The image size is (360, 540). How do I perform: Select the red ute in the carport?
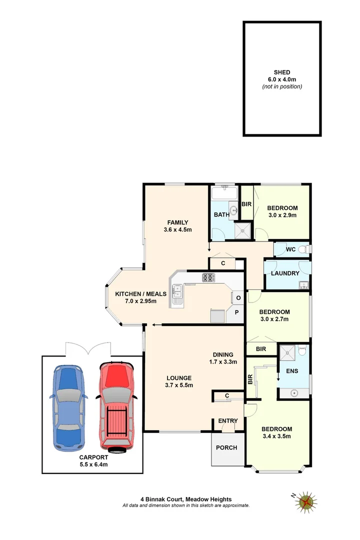coord(117,406)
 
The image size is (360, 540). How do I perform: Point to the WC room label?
coord(291,249)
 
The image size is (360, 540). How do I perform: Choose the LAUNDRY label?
coord(285,273)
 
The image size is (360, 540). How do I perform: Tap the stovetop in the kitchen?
coord(208,277)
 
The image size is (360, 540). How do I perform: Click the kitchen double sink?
coord(177,294)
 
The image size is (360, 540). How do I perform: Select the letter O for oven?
coord(238,298)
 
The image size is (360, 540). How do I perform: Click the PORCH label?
coord(227,447)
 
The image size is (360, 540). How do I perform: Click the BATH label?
coord(221,215)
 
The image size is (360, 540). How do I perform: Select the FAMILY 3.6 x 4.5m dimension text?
coord(177,230)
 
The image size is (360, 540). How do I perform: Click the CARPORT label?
coord(93,457)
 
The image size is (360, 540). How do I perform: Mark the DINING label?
coord(222,354)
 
